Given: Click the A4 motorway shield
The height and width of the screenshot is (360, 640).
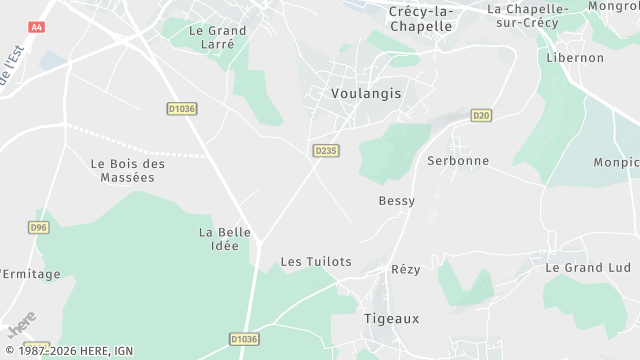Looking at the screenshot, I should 37,28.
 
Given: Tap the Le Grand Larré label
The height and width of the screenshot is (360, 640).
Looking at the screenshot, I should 217,37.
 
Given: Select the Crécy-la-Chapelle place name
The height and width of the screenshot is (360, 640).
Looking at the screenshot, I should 420,18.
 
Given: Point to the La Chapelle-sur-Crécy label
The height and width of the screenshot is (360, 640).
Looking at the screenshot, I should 528,16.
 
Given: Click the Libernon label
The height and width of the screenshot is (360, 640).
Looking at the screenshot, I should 575,58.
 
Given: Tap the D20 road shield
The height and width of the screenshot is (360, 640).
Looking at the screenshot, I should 481,115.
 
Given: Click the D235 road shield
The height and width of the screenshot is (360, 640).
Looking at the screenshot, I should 325,150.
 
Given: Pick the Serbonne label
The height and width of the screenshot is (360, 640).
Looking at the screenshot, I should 458,160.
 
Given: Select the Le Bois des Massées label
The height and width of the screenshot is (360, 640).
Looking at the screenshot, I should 127,170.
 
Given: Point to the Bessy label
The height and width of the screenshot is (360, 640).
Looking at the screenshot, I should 396,201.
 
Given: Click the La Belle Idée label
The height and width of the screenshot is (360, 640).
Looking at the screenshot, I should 225,239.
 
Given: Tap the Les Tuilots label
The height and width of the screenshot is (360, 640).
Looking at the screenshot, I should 316,262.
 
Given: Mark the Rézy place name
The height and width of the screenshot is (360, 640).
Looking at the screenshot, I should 405,269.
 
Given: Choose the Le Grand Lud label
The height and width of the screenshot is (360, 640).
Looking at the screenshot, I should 588,268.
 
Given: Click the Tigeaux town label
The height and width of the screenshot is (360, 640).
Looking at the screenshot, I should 390,318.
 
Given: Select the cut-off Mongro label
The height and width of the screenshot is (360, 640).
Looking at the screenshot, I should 614,6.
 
